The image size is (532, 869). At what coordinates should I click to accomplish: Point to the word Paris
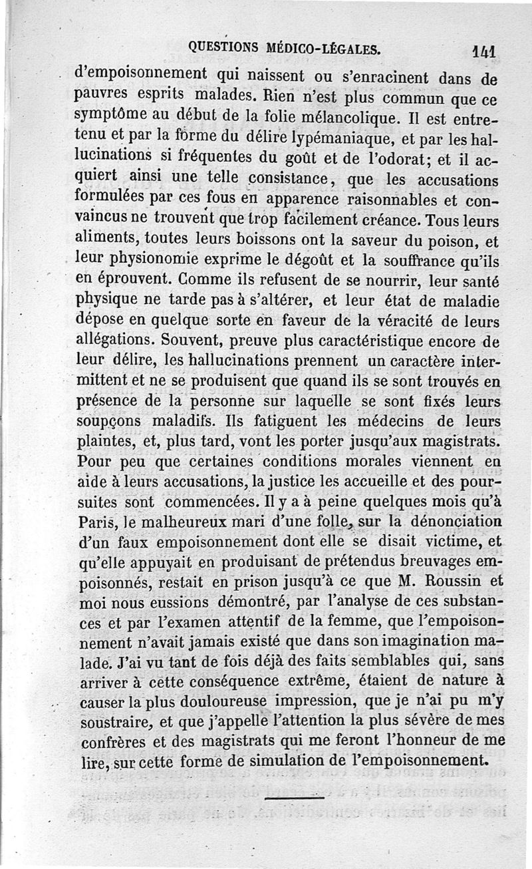point(96,520)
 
